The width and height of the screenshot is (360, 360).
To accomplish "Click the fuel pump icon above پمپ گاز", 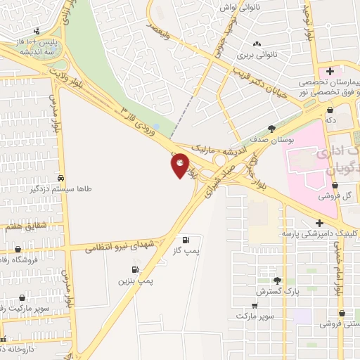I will point(185,240).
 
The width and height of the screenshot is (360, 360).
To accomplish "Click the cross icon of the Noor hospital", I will point(330,70).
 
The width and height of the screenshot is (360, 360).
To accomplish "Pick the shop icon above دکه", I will point(330,110).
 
